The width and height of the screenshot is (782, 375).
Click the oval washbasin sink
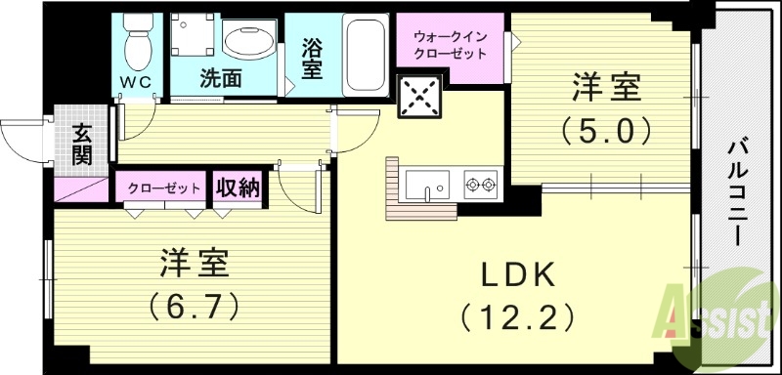pos(249,43)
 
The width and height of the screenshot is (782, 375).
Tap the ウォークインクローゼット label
pos(451,42)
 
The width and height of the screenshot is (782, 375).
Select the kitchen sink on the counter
pos(426,183)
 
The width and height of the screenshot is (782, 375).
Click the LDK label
pos(518,275)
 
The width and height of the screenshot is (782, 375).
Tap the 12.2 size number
pos(518,317)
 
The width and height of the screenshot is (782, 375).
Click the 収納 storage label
pos(238,187)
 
